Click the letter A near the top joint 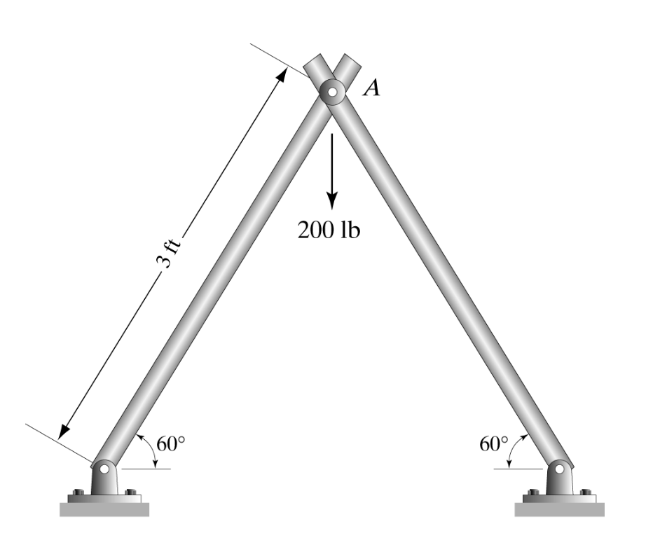pyautogui.click(x=372, y=88)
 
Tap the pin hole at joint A pyautogui.click(x=330, y=90)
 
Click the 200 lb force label pyautogui.click(x=328, y=230)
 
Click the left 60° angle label pyautogui.click(x=171, y=443)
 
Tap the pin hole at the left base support pyautogui.click(x=105, y=468)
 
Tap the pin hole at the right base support pyautogui.click(x=559, y=468)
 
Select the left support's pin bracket pyautogui.click(x=105, y=480)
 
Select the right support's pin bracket pyautogui.click(x=559, y=480)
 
